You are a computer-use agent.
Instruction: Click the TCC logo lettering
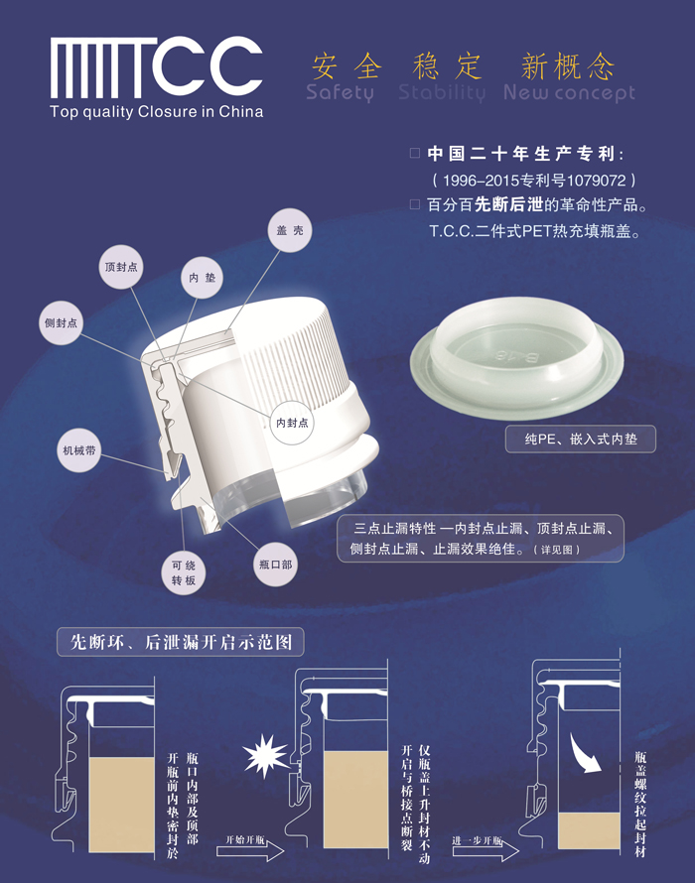[x=156, y=67]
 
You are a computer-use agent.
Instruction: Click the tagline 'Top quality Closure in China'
[x=156, y=111]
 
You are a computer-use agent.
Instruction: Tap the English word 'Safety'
[x=340, y=93]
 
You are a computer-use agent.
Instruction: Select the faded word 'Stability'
[x=442, y=92]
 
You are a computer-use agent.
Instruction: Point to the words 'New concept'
[x=569, y=93]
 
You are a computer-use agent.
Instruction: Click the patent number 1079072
[x=597, y=181]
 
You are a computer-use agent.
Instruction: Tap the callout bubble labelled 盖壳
[x=290, y=230]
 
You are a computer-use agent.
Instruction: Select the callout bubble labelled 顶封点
[x=120, y=267]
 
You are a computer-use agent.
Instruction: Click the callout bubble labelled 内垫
[x=202, y=278]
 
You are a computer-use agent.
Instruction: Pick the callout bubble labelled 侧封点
[x=61, y=322]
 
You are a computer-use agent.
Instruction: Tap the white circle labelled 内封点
[x=292, y=423]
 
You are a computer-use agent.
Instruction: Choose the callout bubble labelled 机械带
[x=78, y=450]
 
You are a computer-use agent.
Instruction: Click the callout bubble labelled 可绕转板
[x=184, y=573]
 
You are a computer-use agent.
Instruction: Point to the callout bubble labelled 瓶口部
[x=275, y=565]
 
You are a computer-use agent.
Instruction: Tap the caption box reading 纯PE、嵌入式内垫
[x=581, y=439]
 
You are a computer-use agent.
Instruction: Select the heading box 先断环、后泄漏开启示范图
[x=181, y=642]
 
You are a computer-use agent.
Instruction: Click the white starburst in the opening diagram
[x=265, y=756]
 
